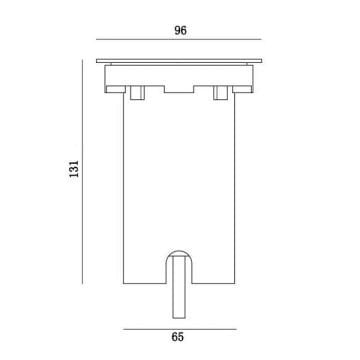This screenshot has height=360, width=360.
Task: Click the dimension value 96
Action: [180, 30]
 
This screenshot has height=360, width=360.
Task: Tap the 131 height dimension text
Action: [74, 169]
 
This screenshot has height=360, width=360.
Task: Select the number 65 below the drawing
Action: [178, 337]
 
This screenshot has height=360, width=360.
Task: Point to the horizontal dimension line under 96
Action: [179, 39]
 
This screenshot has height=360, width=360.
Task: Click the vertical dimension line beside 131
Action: [82, 172]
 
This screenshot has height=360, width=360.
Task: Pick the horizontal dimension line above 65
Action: [180, 329]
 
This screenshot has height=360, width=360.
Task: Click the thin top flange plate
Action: [179, 61]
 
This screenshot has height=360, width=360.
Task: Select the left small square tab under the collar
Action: [137, 93]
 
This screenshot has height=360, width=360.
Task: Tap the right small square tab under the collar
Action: [220, 93]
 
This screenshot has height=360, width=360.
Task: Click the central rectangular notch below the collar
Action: [179, 89]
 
